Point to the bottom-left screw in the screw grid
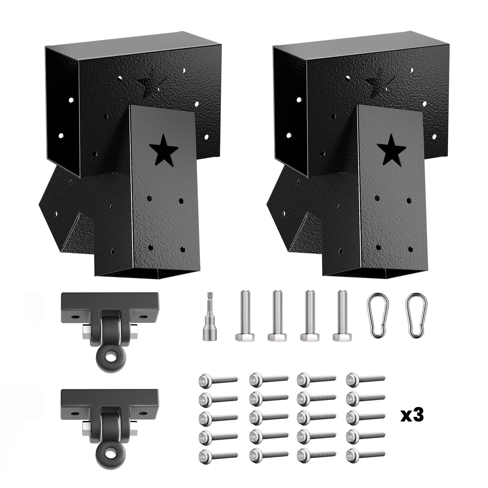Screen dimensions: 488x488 click(218, 455)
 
